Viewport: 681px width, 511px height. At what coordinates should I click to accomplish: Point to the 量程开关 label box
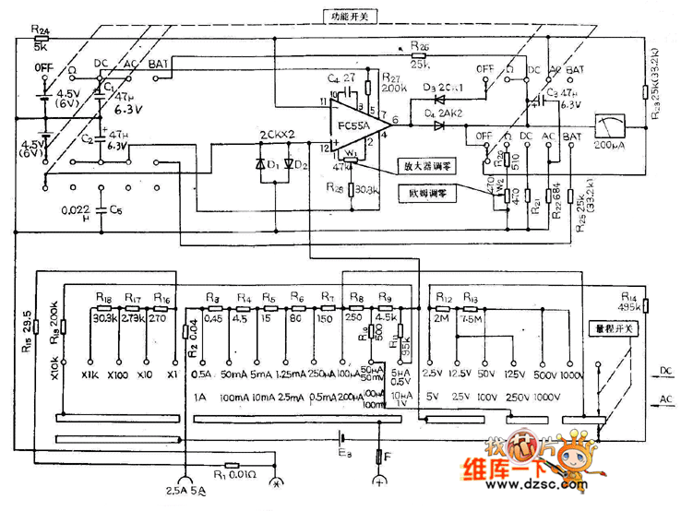tap(613, 329)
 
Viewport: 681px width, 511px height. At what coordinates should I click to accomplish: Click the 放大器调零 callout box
tap(424, 167)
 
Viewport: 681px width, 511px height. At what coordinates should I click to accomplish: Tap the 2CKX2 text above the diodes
tap(277, 134)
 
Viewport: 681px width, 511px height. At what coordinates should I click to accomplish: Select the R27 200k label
tap(391, 83)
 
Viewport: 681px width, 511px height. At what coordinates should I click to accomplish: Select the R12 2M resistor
tap(444, 306)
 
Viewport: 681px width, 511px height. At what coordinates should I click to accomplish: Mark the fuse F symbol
tap(379, 456)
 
